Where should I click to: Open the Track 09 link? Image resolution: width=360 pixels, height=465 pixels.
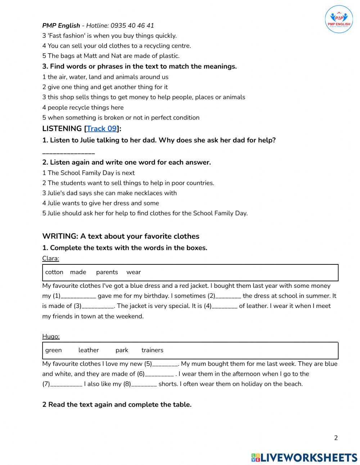tap(102, 129)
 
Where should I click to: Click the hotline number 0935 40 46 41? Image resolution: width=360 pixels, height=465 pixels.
tap(132, 26)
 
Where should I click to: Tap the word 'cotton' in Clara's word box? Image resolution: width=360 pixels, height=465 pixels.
tap(54, 272)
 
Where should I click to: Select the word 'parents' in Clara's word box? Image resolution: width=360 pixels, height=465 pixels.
tap(107, 272)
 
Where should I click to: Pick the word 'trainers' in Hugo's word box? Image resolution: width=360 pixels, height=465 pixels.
tap(152, 350)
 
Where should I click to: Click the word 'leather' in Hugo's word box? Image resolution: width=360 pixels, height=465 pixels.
tap(89, 350)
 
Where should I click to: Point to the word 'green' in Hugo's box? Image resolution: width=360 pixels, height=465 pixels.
tap(53, 350)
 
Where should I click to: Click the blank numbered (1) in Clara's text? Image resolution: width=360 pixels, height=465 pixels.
tap(78, 296)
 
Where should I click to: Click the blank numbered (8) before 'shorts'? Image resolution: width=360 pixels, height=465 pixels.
tap(144, 384)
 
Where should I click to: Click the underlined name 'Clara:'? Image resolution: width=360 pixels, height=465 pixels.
tap(50, 258)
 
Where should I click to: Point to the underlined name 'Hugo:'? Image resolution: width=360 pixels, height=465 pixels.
tap(51, 336)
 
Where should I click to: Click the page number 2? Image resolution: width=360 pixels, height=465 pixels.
tap(336, 438)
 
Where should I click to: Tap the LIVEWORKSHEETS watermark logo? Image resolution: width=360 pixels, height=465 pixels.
tap(304, 457)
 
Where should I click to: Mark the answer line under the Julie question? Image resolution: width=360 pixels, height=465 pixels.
tap(68, 153)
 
